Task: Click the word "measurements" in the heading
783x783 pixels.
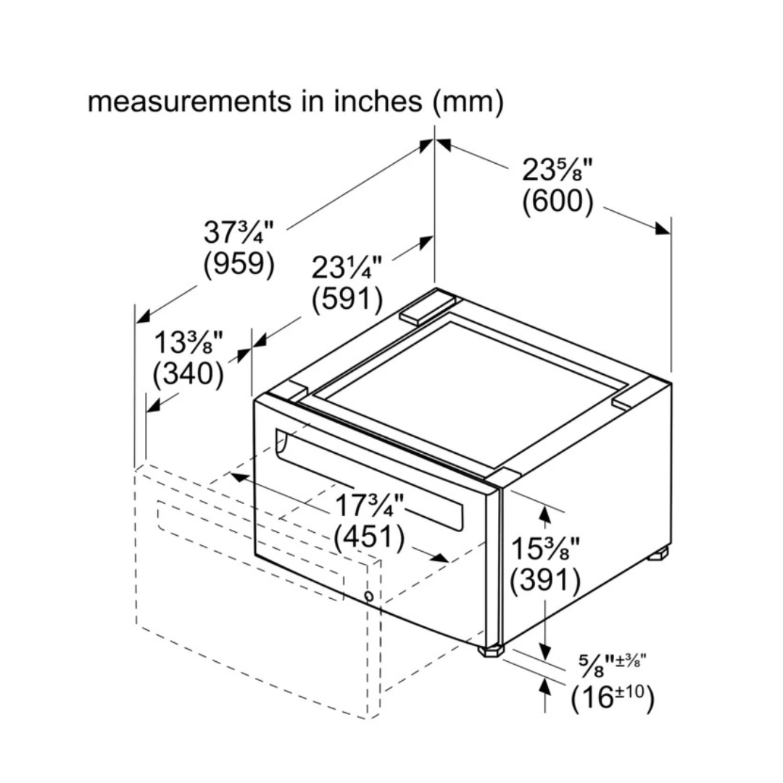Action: click(189, 101)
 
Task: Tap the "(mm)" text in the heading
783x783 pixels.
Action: click(468, 102)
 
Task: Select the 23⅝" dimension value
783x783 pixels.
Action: click(557, 170)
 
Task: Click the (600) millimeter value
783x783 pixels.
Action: click(558, 202)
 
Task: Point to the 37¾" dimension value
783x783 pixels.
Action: click(239, 232)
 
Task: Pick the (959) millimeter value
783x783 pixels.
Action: click(239, 263)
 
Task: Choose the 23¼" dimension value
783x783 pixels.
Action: click(347, 268)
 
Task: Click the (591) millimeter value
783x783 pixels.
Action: click(347, 299)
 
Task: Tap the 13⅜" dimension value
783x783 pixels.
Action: click(188, 342)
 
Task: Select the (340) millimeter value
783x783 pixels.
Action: click(188, 373)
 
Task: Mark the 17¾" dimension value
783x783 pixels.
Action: click(369, 505)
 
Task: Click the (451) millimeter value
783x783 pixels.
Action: click(369, 536)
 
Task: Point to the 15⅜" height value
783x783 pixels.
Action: click(545, 548)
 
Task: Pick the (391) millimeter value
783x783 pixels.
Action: click(545, 580)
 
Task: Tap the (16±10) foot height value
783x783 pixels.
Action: click(612, 697)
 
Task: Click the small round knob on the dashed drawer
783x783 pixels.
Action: click(369, 596)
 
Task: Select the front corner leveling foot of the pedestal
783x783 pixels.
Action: click(492, 650)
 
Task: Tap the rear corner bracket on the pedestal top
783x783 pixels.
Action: click(428, 307)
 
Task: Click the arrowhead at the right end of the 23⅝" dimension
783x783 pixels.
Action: click(663, 228)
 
